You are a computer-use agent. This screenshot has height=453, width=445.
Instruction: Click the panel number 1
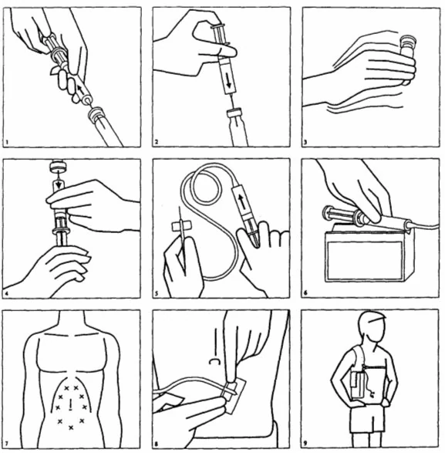7,142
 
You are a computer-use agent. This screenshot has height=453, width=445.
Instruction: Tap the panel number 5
157,293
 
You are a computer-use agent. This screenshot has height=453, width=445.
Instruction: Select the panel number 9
305,443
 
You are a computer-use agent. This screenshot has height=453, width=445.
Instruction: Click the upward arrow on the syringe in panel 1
81,89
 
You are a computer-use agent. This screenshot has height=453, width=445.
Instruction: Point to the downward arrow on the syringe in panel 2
229,80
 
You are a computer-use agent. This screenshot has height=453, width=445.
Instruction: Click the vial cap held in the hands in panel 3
407,42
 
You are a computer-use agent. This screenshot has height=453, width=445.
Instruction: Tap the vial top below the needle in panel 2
234,113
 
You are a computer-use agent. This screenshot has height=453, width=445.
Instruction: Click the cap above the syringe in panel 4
59,166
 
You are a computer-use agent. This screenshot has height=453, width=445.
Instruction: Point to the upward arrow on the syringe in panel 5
242,201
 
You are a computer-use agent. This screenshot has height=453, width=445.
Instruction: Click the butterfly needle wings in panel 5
180,226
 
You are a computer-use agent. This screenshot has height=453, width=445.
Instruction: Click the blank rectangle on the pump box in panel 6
365,261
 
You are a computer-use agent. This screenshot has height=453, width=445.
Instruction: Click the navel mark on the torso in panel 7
70,404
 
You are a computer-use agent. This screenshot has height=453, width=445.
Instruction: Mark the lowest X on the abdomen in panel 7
71,428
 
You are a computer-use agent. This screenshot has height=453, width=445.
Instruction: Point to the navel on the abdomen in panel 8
214,361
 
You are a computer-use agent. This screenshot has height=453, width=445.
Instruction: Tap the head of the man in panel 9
372,327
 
